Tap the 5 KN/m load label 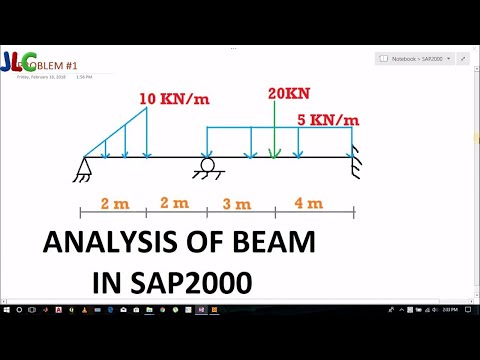tap(328, 120)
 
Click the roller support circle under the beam tap(208, 166)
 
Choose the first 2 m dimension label tap(115, 203)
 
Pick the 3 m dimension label tap(240, 203)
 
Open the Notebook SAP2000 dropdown tap(416, 59)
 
